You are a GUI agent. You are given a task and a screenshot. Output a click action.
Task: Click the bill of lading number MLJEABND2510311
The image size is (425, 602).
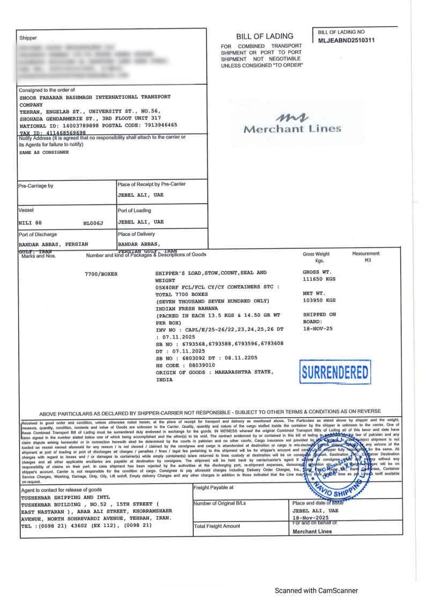tap(346, 40)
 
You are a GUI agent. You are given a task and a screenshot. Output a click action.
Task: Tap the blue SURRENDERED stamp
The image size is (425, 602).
tap(335, 373)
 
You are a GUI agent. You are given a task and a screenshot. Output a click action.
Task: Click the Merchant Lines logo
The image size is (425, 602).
tap(292, 124)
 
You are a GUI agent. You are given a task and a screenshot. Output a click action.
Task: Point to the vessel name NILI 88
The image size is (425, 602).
tap(30, 222)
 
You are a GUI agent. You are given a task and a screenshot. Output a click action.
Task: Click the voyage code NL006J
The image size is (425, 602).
tap(93, 222)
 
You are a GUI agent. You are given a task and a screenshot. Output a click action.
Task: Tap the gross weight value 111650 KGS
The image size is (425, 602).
tap(319, 279)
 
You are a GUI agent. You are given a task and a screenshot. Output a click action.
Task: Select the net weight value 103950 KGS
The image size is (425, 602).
tap(319, 300)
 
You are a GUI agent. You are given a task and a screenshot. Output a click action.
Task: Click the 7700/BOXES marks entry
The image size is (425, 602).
tap(101, 274)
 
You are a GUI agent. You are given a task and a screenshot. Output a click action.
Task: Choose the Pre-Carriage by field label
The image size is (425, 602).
tap(36, 186)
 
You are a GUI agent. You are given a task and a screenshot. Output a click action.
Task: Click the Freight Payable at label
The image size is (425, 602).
tap(213, 487)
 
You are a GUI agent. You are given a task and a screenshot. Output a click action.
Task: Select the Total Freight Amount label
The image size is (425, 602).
tap(217, 526)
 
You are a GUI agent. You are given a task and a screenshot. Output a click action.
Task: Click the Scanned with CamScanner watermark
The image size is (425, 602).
tap(316, 590)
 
